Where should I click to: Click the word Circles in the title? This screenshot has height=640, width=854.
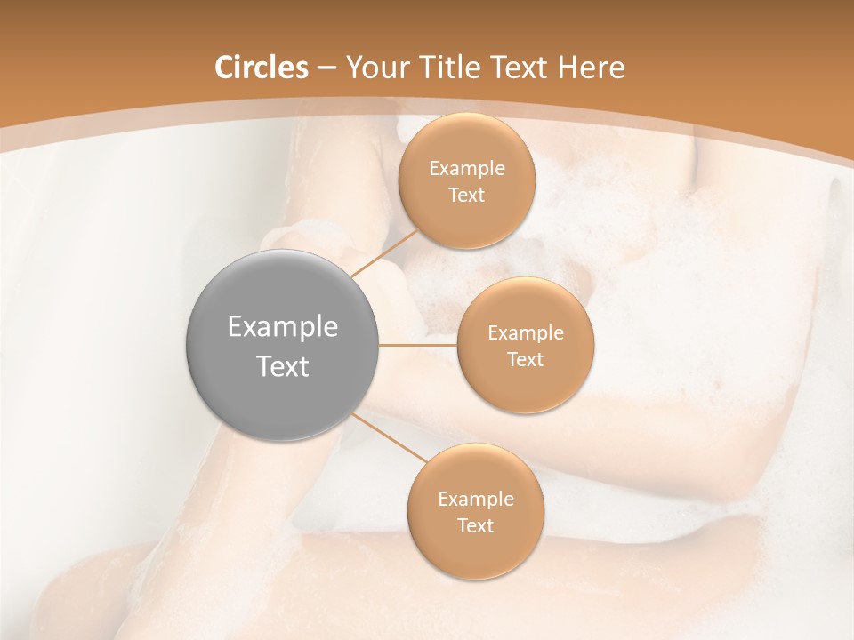click(261, 68)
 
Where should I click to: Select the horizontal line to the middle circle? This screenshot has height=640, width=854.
click(418, 345)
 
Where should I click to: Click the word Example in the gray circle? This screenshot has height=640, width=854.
click(283, 327)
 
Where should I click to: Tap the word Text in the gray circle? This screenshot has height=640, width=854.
click(283, 366)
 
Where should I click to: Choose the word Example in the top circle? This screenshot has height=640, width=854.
click(467, 169)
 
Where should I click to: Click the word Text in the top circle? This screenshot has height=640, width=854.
click(467, 196)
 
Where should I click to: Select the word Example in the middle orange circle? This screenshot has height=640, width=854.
click(526, 333)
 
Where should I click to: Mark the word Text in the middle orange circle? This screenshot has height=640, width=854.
click(526, 360)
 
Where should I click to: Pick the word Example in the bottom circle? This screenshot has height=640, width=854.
click(476, 499)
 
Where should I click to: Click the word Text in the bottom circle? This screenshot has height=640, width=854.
click(476, 525)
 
